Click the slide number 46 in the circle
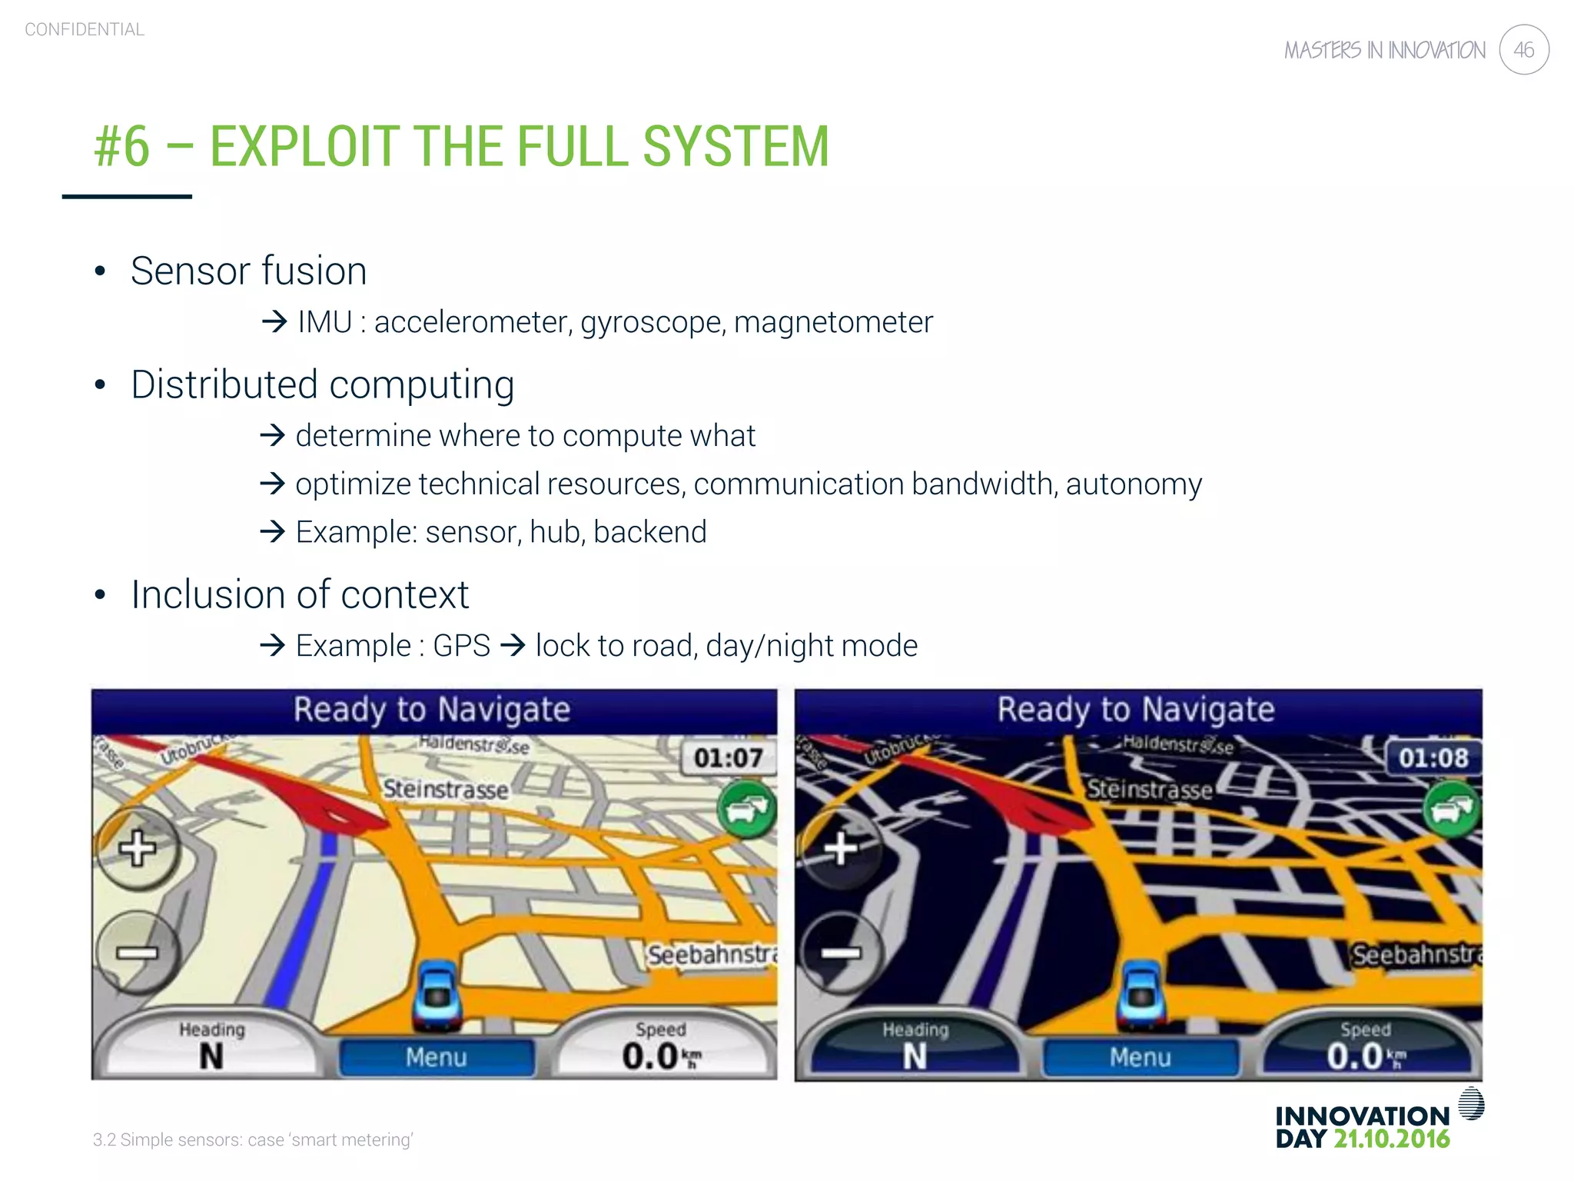click(x=1523, y=50)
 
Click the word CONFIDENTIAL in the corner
click(x=85, y=29)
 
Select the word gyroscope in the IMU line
click(x=653, y=322)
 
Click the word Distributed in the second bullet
click(x=223, y=384)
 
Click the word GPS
click(x=461, y=646)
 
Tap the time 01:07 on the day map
click(x=728, y=758)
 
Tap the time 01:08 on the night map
click(x=1433, y=758)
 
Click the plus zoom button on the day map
click(x=138, y=848)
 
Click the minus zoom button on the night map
click(x=841, y=953)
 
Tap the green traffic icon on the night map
click(x=1451, y=810)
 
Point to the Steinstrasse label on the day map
click(x=446, y=790)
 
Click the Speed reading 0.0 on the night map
click(x=1354, y=1056)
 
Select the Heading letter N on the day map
click(x=211, y=1056)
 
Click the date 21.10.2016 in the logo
click(x=1391, y=1139)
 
